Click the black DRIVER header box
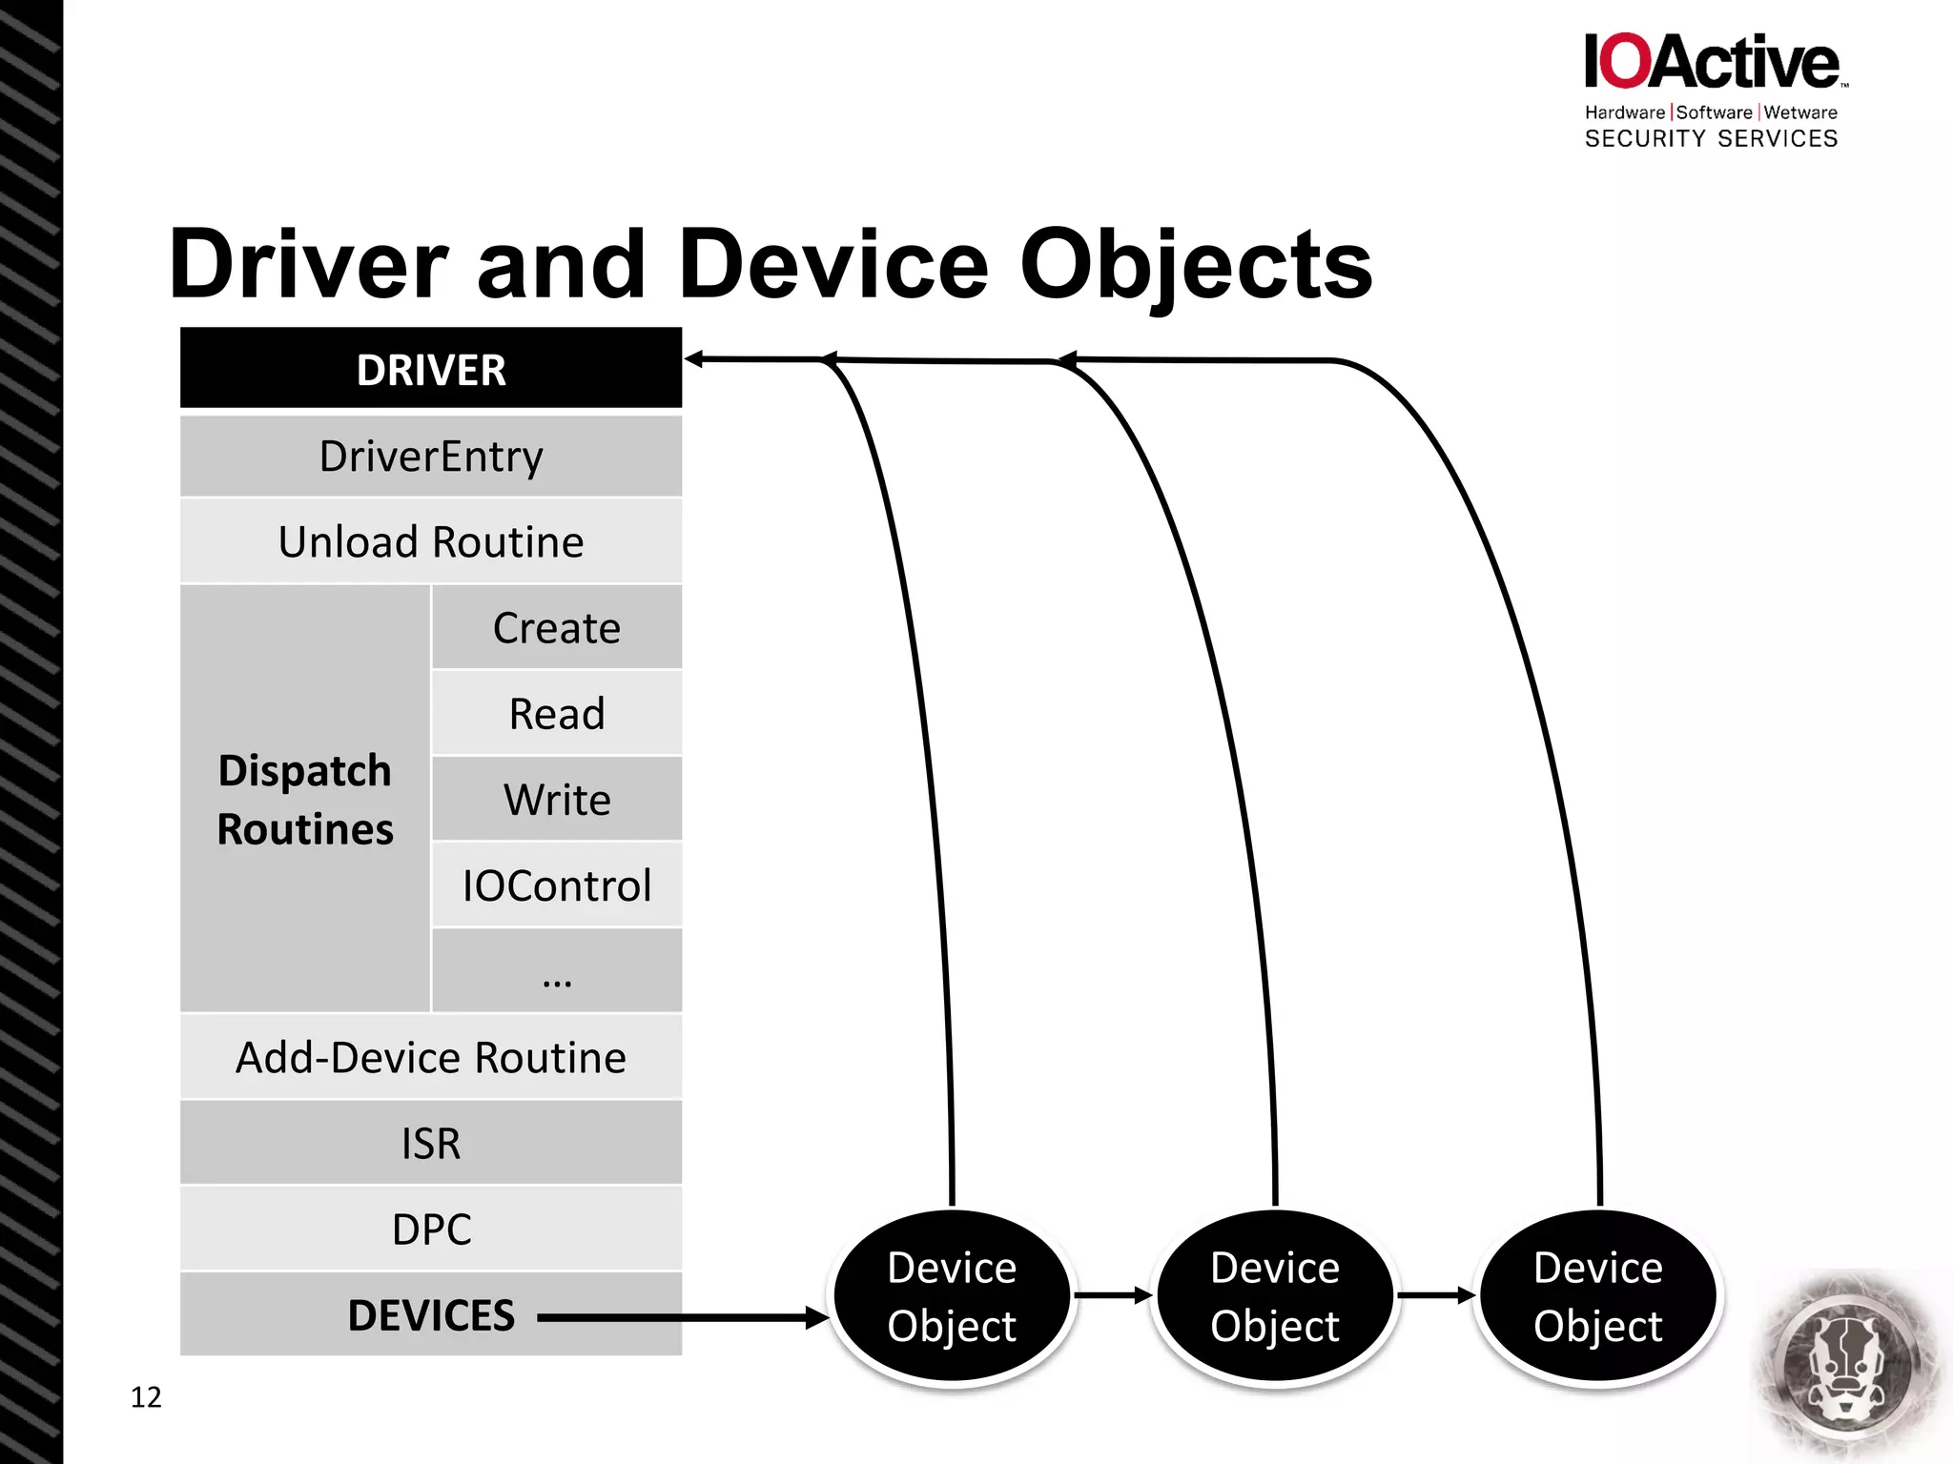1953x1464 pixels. coord(431,369)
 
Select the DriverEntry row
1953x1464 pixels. coord(431,456)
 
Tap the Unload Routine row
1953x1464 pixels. coord(431,541)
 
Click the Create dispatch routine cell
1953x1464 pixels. coord(557,627)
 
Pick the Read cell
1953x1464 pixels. coord(557,713)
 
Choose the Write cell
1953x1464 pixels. coord(557,799)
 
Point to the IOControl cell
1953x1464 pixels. coord(557,884)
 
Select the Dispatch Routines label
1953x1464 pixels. coord(305,799)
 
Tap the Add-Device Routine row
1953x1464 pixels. coord(431,1057)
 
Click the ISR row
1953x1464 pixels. coord(431,1143)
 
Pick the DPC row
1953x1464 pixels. coord(431,1229)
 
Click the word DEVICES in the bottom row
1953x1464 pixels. coord(431,1315)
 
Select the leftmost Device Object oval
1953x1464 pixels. coord(952,1296)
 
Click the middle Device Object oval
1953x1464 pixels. coord(1275,1296)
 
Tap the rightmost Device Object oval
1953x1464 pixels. coord(1598,1296)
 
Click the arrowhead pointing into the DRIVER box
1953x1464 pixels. coord(694,359)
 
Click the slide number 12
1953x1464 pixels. coord(146,1397)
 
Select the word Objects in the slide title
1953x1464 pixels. coord(1196,265)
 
